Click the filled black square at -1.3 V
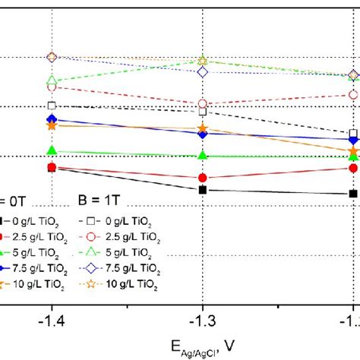coord(203,190)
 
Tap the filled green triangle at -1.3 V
coord(203,155)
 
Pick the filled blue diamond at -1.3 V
coord(203,134)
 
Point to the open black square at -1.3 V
coord(203,112)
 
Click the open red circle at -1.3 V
coord(203,104)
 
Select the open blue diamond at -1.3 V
coord(203,72)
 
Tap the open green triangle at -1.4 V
coord(52,81)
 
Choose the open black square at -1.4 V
coord(52,106)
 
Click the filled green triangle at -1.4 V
coord(52,151)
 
